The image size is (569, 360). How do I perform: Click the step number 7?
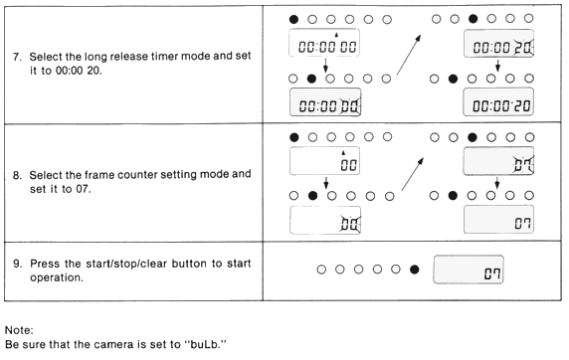click(17, 57)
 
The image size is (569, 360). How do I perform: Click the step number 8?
click(17, 176)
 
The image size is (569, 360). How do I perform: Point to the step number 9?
click(17, 264)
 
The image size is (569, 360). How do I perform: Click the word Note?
click(19, 330)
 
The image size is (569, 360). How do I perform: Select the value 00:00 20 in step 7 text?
click(79, 71)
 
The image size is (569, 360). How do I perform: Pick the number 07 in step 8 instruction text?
click(84, 189)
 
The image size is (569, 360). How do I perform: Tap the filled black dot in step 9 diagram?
click(415, 270)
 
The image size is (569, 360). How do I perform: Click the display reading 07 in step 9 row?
click(469, 270)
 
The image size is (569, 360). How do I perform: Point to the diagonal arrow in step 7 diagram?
click(409, 55)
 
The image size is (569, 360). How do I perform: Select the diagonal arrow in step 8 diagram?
click(413, 174)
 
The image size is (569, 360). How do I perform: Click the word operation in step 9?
click(57, 278)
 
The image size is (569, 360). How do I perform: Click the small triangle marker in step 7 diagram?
click(336, 35)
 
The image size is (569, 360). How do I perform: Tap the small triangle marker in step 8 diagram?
click(343, 153)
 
